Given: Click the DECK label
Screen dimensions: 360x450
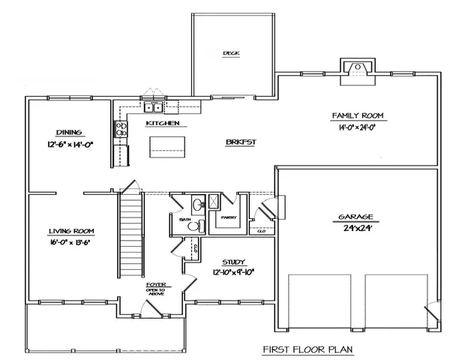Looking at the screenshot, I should (229, 53).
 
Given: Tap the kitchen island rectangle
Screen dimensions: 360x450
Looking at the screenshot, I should (168, 145).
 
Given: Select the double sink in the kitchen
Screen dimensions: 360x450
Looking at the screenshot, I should (154, 106).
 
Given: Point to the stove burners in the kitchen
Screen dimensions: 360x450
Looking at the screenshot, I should (121, 128).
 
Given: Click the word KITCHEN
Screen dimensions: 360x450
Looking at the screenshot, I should (160, 122).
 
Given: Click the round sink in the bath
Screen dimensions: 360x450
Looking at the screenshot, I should (197, 203).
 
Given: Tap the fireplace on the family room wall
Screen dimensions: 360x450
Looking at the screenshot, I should (357, 70).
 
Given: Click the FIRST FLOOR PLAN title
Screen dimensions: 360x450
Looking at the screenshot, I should (307, 349).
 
